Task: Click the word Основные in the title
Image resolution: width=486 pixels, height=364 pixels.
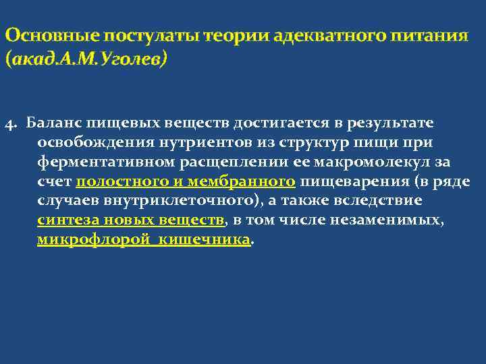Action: point(46,35)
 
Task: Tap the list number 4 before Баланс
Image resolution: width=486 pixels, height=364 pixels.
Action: point(8,124)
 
